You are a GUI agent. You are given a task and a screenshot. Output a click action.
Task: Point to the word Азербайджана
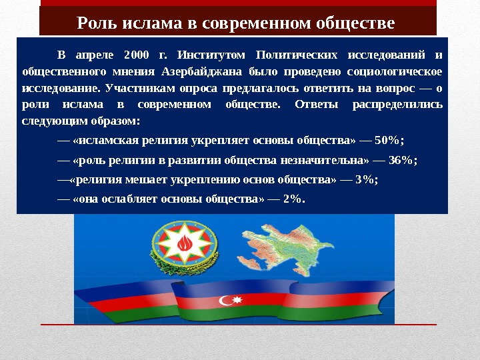[197, 71]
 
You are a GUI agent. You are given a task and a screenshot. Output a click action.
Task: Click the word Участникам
[137, 88]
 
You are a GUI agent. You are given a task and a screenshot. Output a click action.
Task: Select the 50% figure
[390, 140]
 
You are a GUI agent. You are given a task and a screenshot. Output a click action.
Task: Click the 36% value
[403, 160]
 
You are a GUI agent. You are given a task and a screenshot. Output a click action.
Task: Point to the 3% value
[367, 179]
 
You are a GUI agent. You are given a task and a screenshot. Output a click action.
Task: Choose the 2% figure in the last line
[293, 199]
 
